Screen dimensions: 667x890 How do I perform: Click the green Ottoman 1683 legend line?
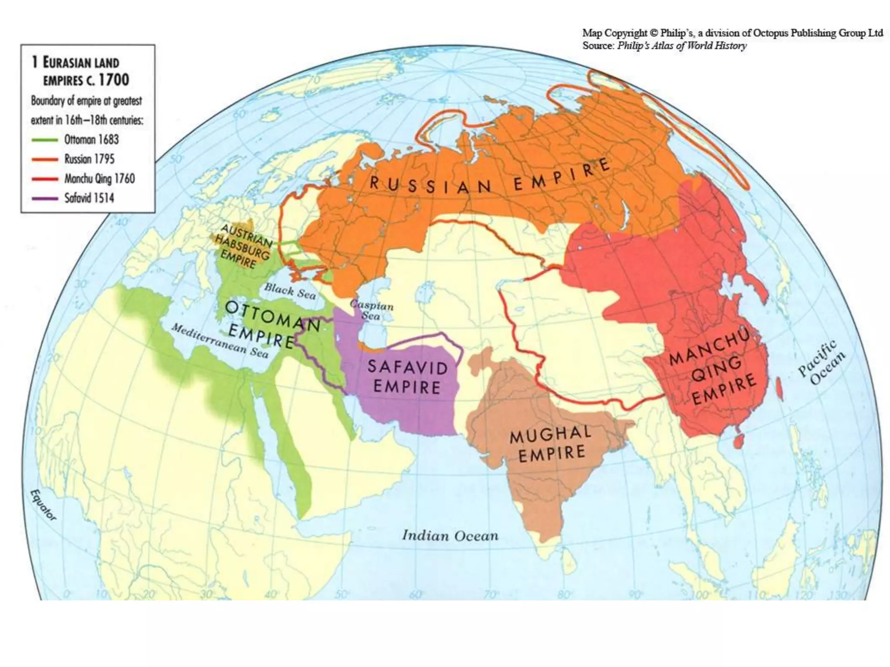45,140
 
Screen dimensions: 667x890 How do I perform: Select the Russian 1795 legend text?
90,159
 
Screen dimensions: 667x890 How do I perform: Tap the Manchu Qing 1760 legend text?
100,179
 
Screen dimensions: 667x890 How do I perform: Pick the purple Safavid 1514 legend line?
45,198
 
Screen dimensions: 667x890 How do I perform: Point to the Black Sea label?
290,291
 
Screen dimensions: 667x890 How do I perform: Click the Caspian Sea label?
372,310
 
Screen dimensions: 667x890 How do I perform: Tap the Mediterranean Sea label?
220,340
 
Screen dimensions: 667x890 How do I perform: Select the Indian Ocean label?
450,535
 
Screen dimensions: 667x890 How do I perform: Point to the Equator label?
43,505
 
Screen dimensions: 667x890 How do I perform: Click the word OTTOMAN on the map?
273,315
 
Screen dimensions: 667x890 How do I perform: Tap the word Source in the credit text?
598,46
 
